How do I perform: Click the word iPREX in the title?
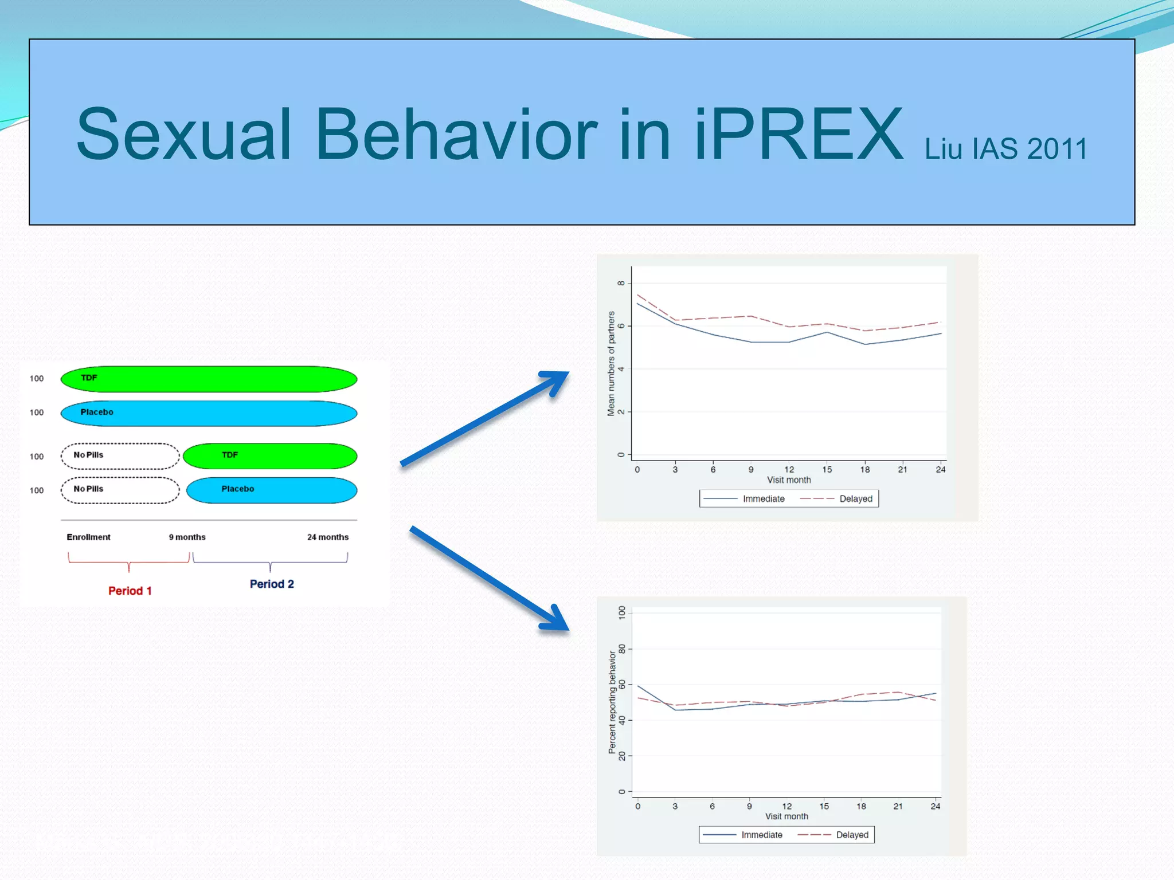pos(798,135)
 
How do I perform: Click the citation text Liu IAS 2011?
pos(1005,149)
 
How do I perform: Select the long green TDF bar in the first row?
pos(209,379)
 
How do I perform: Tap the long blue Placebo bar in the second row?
pos(209,413)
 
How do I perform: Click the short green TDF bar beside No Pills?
pos(270,456)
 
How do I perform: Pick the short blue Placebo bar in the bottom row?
pos(272,490)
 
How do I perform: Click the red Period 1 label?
pos(130,591)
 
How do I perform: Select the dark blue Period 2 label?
pos(272,584)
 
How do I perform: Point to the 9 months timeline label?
pos(187,537)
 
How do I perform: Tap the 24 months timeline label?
pos(327,537)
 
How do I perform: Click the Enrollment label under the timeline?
pos(88,537)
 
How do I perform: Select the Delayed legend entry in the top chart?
pos(855,499)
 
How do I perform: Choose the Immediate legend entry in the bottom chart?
pos(761,835)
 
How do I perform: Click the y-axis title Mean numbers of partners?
pos(611,363)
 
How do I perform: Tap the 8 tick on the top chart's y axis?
pos(621,283)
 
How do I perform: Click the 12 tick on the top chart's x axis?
pos(789,469)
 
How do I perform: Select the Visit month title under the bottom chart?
pos(786,816)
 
